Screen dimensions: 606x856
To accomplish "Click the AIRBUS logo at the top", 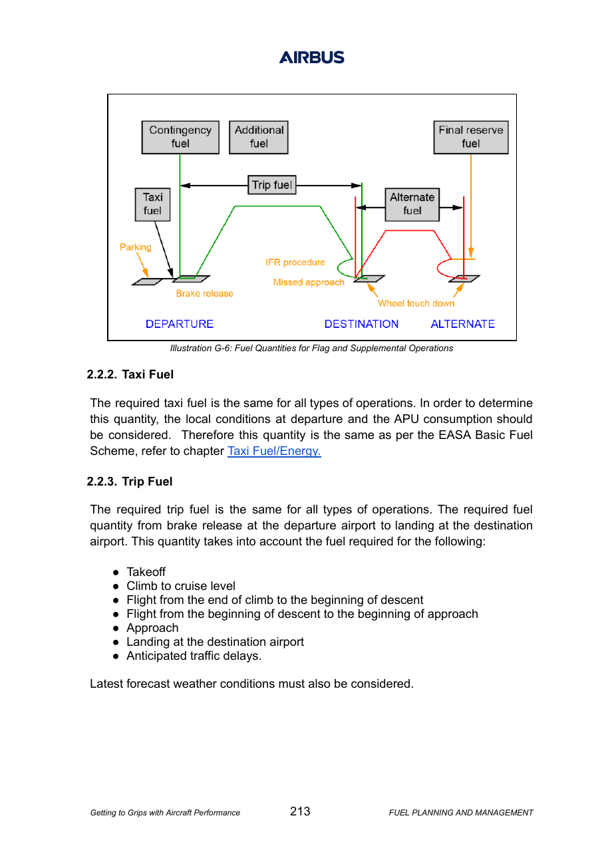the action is point(311,57).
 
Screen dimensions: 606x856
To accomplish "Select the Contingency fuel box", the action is point(180,137).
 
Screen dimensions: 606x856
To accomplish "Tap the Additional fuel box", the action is point(259,137).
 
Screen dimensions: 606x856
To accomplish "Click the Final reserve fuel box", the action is point(471,137).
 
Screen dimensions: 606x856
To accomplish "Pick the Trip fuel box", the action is point(271,185).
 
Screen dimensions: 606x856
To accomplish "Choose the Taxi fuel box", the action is point(152,204).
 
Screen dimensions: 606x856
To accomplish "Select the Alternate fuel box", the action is point(412,204).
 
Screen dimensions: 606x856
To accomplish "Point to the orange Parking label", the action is point(135,247).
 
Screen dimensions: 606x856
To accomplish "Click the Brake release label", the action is point(204,293).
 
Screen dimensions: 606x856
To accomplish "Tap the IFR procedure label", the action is point(295,263).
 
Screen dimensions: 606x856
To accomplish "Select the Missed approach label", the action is point(309,283).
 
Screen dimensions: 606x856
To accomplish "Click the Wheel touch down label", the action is point(416,303).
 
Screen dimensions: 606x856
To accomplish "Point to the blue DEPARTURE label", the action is point(180,324).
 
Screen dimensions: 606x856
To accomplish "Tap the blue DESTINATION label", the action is point(361,324).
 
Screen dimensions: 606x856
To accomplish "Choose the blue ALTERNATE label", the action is point(463,324).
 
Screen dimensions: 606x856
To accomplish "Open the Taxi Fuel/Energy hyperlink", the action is point(274,451).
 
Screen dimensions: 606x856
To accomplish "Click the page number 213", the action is point(300,811).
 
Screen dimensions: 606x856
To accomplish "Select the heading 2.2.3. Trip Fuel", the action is point(130,482).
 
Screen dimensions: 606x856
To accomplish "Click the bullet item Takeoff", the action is point(146,572).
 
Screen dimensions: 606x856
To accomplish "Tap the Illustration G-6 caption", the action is point(311,348).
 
